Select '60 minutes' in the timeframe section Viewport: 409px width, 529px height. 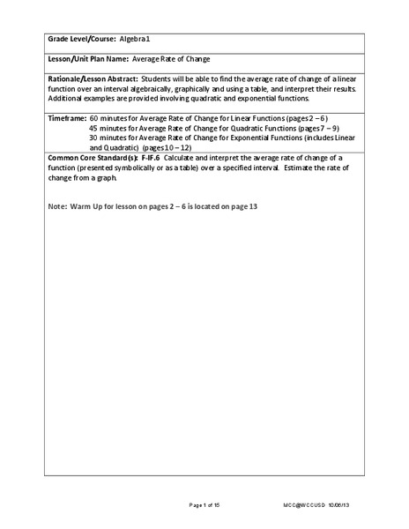(108, 116)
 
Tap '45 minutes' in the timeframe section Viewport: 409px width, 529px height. (108, 127)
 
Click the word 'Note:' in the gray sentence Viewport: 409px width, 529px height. (57, 206)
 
